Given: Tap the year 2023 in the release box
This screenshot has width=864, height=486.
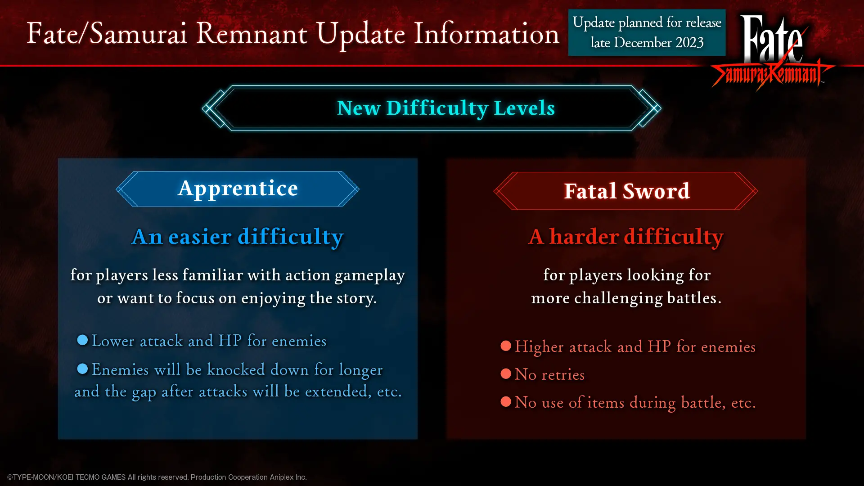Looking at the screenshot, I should click(x=689, y=43).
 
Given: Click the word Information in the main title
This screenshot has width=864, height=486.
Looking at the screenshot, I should click(x=486, y=34).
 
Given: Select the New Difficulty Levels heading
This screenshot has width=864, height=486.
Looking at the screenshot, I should click(x=445, y=108).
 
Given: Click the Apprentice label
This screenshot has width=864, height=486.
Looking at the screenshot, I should click(x=238, y=189).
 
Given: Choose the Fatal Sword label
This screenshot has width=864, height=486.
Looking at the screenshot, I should click(x=626, y=191).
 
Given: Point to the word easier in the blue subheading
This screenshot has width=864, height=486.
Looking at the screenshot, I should click(x=200, y=237).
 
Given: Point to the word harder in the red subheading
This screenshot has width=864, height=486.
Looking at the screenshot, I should click(x=584, y=237).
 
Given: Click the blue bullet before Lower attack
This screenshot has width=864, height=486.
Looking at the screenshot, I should click(x=82, y=340).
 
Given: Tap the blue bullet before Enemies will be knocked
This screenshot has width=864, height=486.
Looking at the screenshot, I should click(x=82, y=369).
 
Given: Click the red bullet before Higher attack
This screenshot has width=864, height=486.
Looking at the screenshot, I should click(x=506, y=346).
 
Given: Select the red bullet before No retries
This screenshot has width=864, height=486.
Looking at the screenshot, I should click(x=506, y=374).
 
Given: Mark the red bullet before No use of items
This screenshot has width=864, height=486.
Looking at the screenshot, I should click(x=506, y=401).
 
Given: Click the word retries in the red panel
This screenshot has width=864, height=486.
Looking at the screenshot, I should click(x=563, y=375).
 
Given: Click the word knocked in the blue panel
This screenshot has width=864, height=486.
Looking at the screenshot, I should click(x=236, y=370).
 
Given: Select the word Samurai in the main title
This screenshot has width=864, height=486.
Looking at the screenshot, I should click(x=138, y=34).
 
